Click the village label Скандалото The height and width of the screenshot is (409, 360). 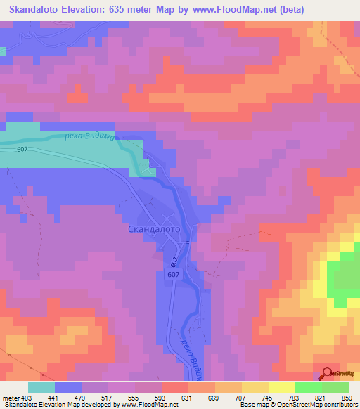coord(154,229)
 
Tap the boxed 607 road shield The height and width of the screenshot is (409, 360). coord(175,275)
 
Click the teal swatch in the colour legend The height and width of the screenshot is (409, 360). coord(41,388)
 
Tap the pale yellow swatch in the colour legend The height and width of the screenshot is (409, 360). coord(281,388)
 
